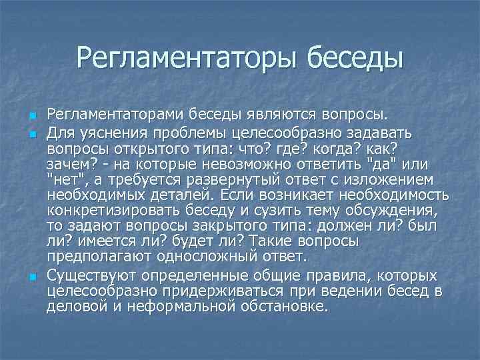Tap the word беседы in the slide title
point(355,58)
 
